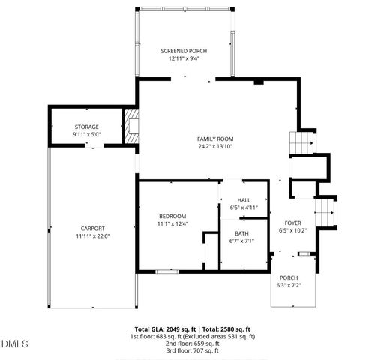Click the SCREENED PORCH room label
[x=184, y=51]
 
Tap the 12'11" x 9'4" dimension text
[x=184, y=58]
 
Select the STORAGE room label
[x=86, y=127]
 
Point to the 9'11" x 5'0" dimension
[x=86, y=135]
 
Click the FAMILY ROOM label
[x=215, y=139]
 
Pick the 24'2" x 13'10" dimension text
[x=215, y=147]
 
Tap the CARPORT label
[x=93, y=229]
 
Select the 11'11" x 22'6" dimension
[x=93, y=236]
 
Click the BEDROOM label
[x=172, y=216]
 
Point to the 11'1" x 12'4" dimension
[x=172, y=223]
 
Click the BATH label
[x=241, y=233]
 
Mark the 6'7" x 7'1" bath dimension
[x=241, y=241]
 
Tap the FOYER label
[x=292, y=223]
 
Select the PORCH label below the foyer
[x=289, y=277]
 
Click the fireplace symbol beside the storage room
[x=132, y=127]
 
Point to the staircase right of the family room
[x=300, y=142]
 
